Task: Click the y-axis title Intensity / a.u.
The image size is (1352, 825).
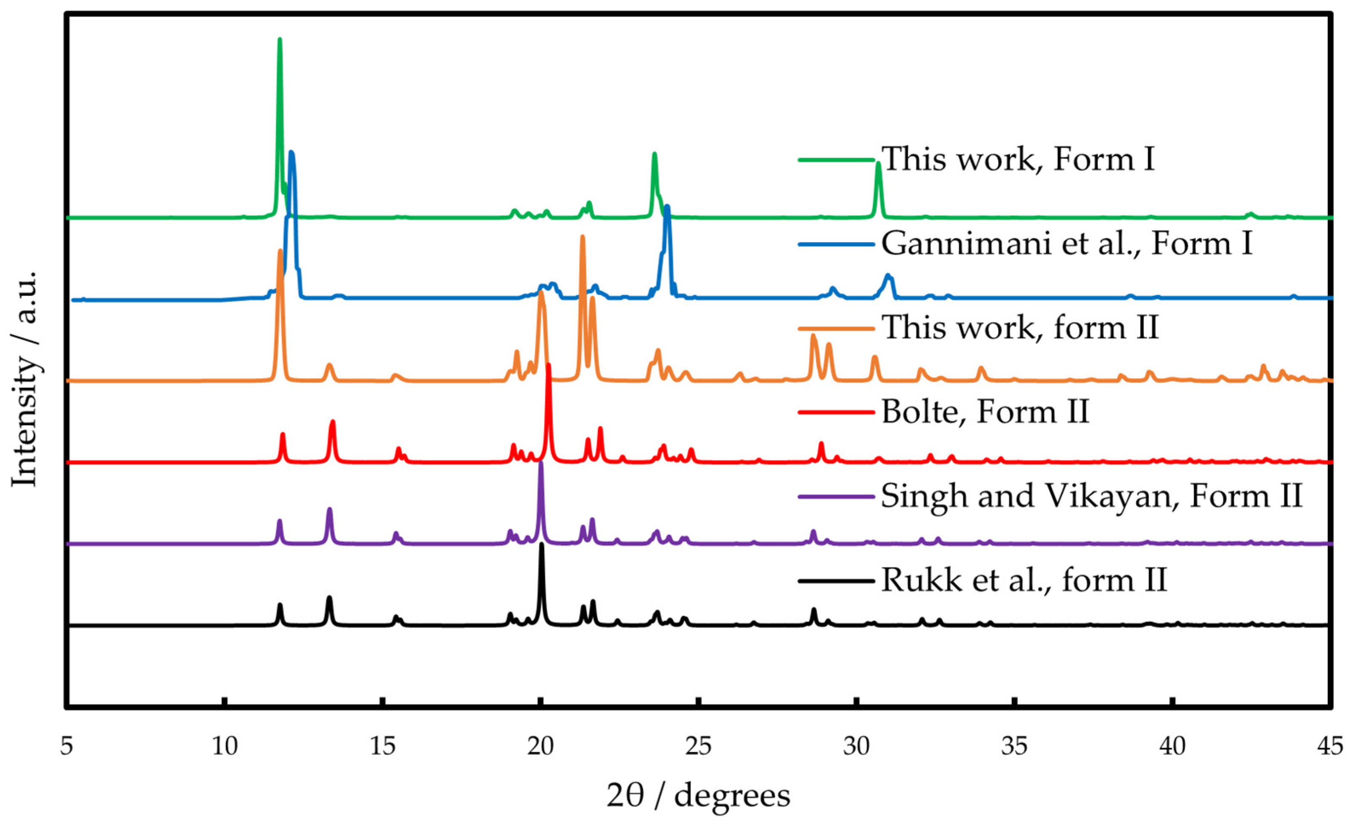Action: (x=25, y=379)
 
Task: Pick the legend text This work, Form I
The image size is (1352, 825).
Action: (x=1018, y=159)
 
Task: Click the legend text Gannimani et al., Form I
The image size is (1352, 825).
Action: (x=1067, y=243)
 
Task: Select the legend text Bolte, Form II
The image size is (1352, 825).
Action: (x=985, y=411)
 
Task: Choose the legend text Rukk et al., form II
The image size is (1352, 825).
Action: (x=1024, y=580)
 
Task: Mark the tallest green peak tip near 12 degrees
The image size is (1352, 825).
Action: (x=280, y=40)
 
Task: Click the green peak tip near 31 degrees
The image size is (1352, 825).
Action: (x=878, y=163)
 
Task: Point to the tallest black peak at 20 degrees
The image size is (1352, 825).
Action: (x=541, y=545)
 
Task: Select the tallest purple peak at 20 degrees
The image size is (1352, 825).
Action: (x=541, y=463)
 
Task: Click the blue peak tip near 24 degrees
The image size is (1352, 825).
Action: (x=667, y=207)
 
